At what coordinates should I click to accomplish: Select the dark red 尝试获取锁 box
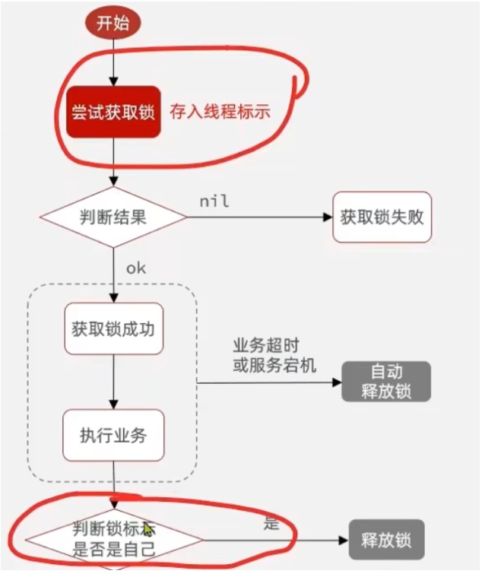113,112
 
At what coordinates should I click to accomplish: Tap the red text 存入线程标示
220,112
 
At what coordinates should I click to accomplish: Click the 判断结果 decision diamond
113,217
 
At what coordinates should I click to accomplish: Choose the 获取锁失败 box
382,217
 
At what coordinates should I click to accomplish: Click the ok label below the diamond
136,268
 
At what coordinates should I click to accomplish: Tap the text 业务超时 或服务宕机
274,355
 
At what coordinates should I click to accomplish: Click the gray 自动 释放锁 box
386,382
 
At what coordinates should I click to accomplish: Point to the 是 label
271,523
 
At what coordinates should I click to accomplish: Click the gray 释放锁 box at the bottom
386,541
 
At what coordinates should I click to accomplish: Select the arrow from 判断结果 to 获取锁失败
258,217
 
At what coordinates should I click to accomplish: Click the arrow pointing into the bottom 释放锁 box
274,541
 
